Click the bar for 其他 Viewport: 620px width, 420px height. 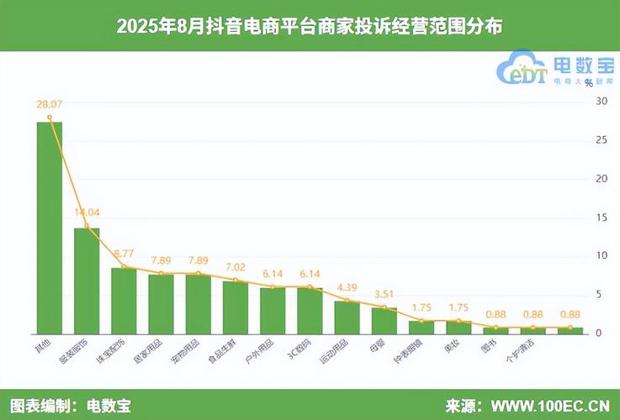pos(49,227)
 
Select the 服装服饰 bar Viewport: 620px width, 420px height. pos(87,280)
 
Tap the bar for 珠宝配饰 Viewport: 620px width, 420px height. pos(124,300)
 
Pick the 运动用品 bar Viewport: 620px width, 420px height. pos(347,316)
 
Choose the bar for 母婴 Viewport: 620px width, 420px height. pos(384,319)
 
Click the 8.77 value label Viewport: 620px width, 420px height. pos(124,252)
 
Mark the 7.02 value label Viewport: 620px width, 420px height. pos(236,266)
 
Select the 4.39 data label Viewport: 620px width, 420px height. pos(347,286)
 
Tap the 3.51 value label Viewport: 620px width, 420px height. pos(384,293)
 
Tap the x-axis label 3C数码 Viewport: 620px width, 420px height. pos(298,348)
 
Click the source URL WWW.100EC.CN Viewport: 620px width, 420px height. pos(551,405)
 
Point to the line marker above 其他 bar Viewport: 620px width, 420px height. pos(50,118)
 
